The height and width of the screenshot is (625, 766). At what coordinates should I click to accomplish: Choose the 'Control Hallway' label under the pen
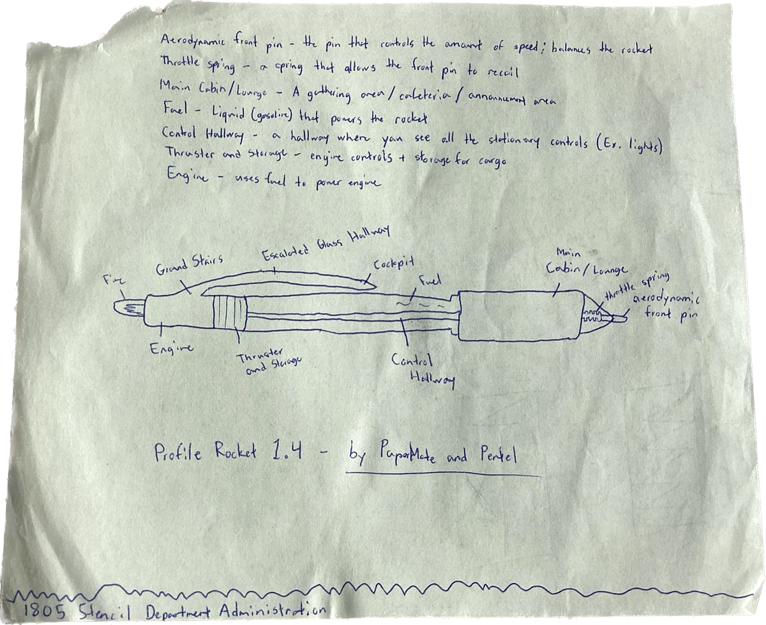pyautogui.click(x=423, y=369)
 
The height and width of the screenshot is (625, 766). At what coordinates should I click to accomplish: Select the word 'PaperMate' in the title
pyautogui.click(x=409, y=455)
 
